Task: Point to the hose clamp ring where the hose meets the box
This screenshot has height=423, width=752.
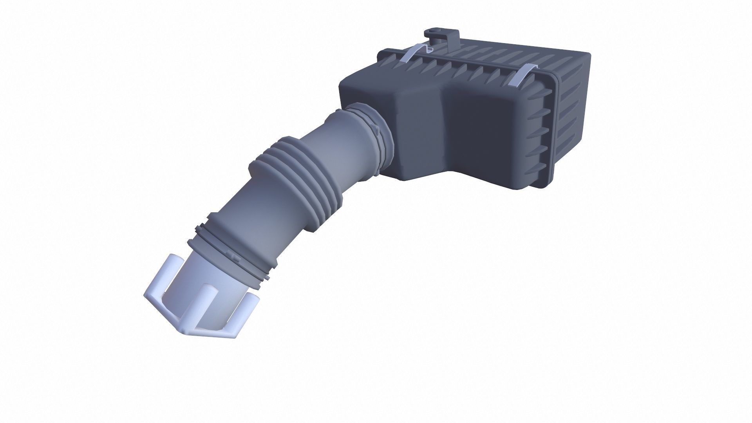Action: [374, 125]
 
